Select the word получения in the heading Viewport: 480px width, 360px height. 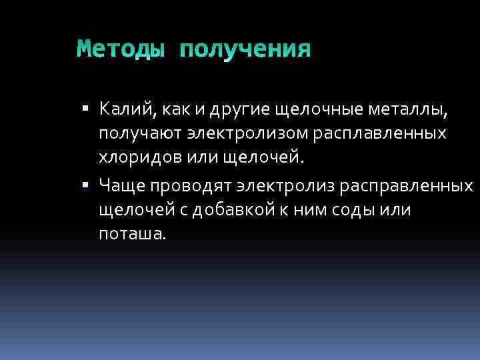pyautogui.click(x=245, y=49)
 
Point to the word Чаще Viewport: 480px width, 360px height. pyautogui.click(x=121, y=183)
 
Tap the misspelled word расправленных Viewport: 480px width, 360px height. pyautogui.click(x=406, y=183)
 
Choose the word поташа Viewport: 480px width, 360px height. pyautogui.click(x=130, y=234)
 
